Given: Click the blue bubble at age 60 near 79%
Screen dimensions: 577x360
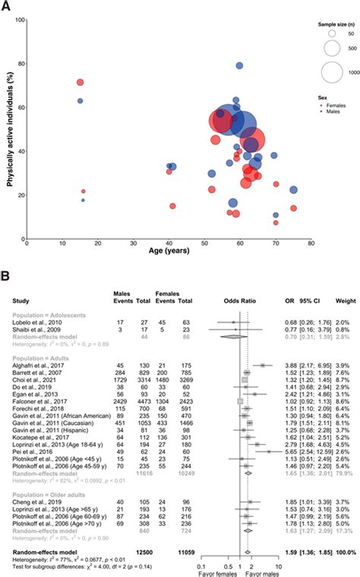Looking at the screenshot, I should click(239, 66).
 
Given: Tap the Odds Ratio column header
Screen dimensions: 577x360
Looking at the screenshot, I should click(241, 291).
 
